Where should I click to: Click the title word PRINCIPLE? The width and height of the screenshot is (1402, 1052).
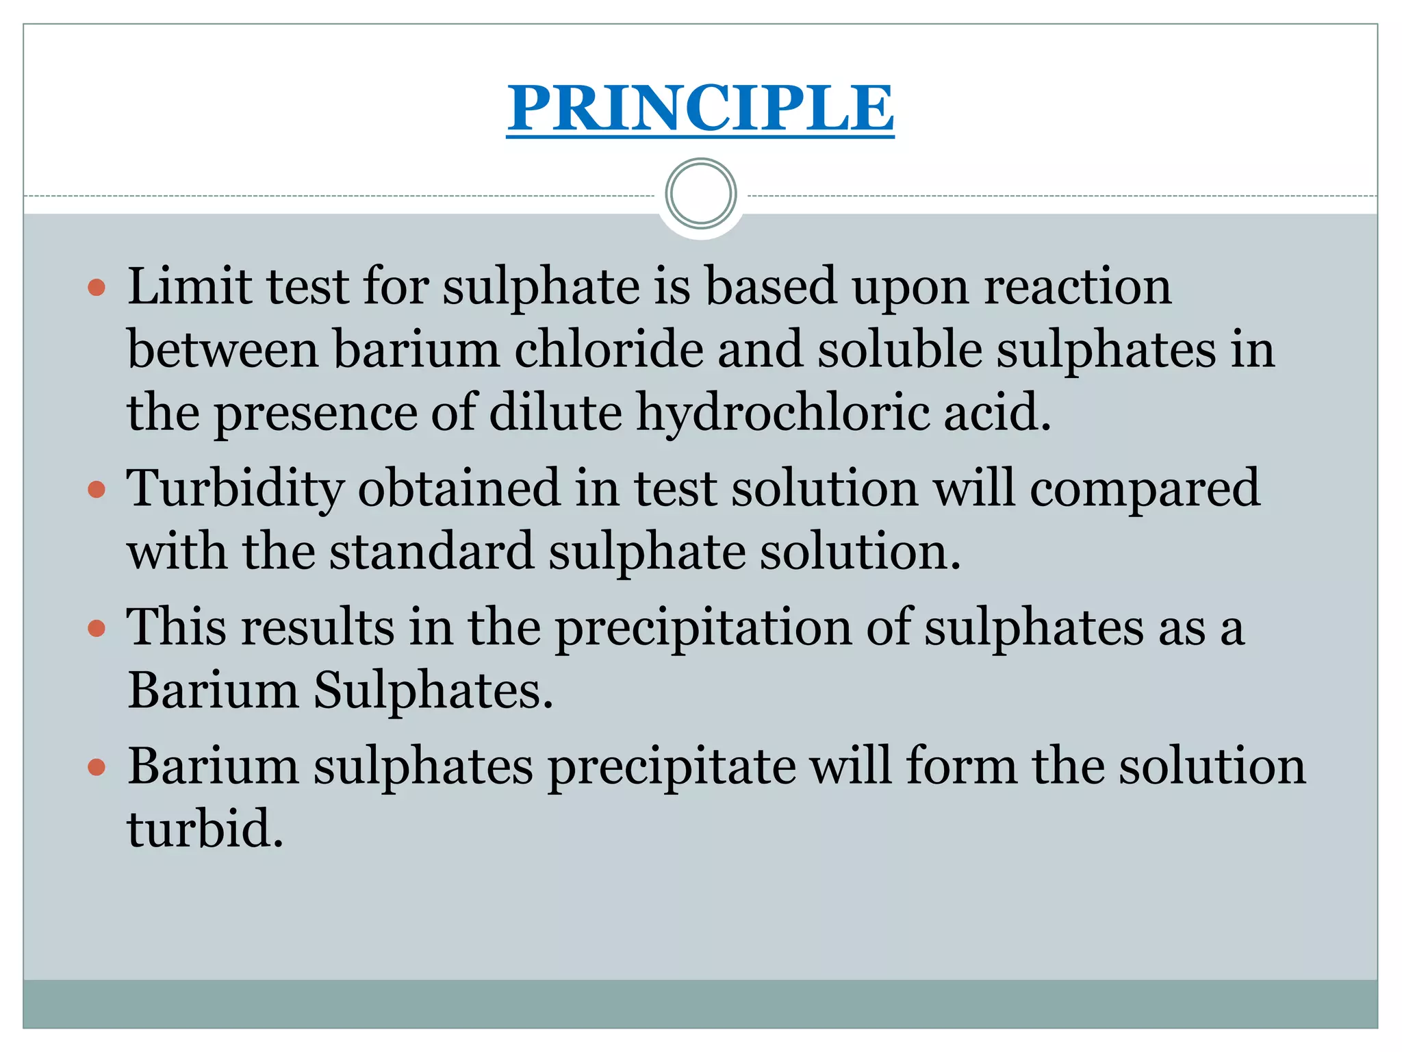[x=700, y=108]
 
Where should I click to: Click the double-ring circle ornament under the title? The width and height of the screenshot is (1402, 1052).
[x=700, y=194]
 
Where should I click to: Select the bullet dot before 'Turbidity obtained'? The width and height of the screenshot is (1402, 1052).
[x=97, y=489]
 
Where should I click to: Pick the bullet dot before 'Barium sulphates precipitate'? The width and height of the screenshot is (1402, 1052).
[x=97, y=767]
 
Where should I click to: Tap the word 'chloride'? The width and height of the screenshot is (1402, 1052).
[x=608, y=349]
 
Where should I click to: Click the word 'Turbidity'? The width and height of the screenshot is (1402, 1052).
[x=235, y=489]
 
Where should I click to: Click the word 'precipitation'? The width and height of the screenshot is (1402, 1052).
[x=702, y=629]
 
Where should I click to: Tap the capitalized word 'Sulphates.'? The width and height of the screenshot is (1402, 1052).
[x=433, y=690]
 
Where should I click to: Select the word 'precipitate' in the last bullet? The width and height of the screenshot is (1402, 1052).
[x=672, y=767]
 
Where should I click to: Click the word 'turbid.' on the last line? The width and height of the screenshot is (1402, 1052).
[x=205, y=829]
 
